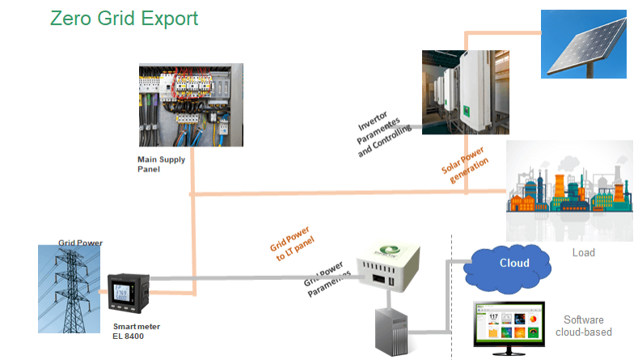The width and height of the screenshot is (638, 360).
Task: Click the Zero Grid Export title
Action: pyautogui.click(x=124, y=18)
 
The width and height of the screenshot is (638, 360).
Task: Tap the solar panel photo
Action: pyautogui.click(x=584, y=44)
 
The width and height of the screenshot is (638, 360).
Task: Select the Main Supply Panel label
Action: pyautogui.click(x=161, y=164)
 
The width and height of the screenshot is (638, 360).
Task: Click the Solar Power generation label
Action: pyautogui.click(x=466, y=166)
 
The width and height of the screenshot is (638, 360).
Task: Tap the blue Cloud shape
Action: pyautogui.click(x=514, y=263)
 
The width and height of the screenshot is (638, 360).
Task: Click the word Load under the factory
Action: pyautogui.click(x=583, y=252)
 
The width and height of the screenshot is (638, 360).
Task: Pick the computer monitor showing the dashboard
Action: pyautogui.click(x=513, y=328)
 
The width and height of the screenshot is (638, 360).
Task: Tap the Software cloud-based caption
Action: pyautogui.click(x=583, y=325)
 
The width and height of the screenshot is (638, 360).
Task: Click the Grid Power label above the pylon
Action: pyautogui.click(x=80, y=243)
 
